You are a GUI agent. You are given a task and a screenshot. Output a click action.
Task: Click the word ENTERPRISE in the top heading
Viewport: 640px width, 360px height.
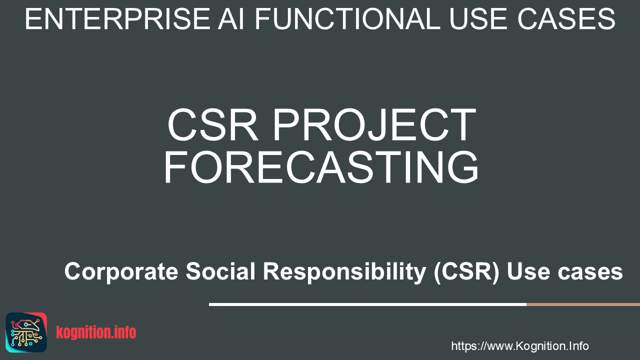117,19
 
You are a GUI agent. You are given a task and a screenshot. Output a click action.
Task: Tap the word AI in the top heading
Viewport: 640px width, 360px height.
231,19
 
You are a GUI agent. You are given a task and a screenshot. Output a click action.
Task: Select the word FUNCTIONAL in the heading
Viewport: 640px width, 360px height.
347,19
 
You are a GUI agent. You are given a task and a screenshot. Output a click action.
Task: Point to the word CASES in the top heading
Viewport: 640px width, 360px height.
566,19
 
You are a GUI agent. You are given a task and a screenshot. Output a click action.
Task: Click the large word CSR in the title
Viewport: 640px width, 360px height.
213,125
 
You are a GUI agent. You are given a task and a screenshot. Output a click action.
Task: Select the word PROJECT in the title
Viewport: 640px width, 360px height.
375,125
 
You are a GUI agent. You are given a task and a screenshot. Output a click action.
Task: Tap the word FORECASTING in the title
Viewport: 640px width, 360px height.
321,167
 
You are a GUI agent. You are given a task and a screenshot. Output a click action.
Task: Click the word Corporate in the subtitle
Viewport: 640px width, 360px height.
121,271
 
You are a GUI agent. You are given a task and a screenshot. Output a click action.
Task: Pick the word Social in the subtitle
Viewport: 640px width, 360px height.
220,271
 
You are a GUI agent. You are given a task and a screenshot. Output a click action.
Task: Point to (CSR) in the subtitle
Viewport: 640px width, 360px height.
466,272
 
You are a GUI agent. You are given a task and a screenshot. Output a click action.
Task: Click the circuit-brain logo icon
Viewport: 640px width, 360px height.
26,332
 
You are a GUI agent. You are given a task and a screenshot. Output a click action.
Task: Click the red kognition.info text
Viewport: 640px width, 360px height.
96,332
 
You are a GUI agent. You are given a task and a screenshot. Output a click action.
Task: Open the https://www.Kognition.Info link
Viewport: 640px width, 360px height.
520,346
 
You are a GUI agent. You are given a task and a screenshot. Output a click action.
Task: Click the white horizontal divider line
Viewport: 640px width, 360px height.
367,304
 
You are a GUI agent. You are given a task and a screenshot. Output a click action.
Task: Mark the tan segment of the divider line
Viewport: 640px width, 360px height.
583,304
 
